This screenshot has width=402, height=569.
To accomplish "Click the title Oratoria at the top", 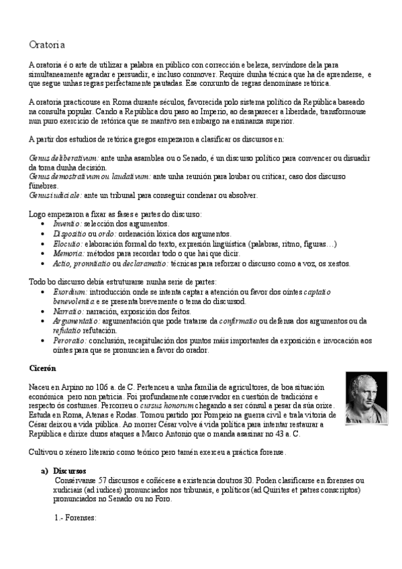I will pos(46,45).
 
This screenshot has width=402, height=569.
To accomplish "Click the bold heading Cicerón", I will pos(43,368).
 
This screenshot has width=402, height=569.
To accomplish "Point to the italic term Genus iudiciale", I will pos(56,195).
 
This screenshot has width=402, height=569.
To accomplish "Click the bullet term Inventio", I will pos(67,223).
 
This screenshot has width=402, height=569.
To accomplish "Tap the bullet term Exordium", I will pos(70,293).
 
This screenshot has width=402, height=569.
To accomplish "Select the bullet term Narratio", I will pos(68,311).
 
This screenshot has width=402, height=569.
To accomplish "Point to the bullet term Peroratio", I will pos(69,340).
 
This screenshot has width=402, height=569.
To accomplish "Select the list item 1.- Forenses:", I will pos(75,518).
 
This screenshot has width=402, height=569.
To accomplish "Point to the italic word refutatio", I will pos(67,331).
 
